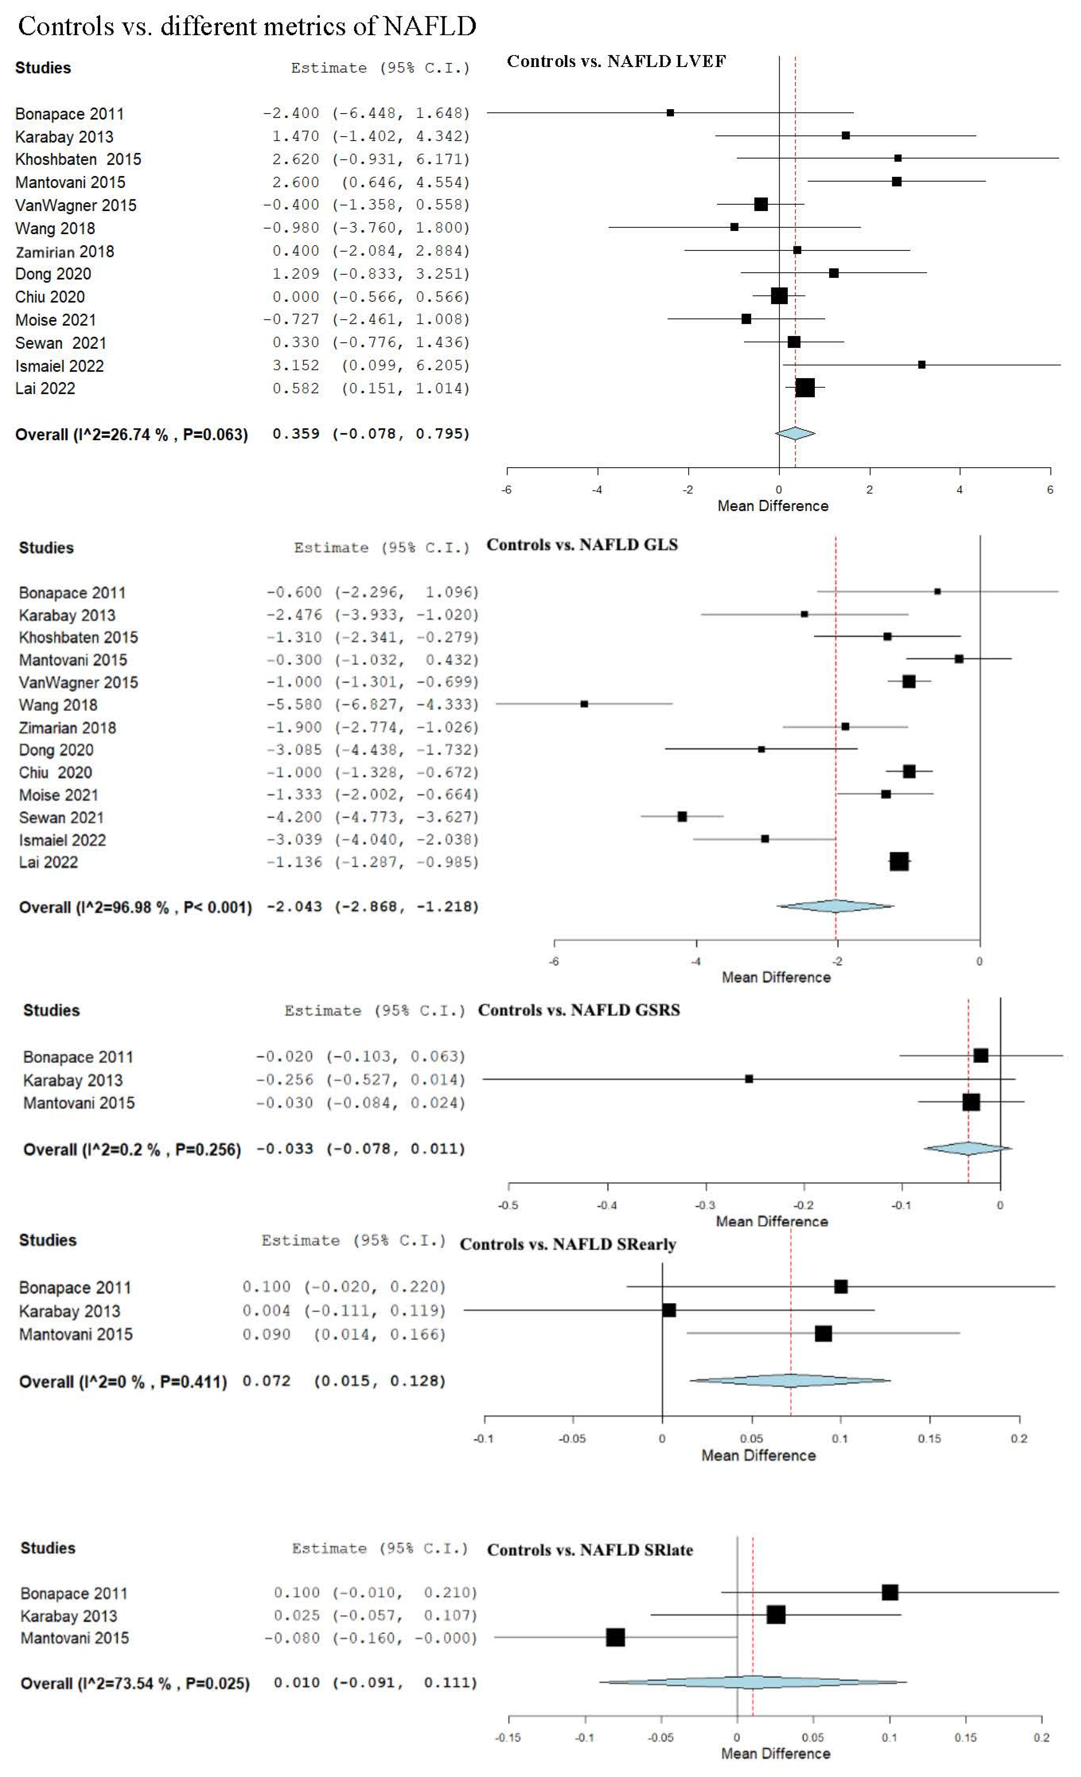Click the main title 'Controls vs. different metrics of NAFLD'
click(247, 27)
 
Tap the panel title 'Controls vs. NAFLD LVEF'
click(616, 61)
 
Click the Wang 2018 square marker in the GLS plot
click(584, 704)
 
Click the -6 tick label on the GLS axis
click(554, 961)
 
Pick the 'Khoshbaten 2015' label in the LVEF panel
click(78, 159)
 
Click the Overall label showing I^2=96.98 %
click(135, 907)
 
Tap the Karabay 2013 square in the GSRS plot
click(748, 1079)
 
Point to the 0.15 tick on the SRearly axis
click(929, 1439)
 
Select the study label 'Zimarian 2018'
click(67, 728)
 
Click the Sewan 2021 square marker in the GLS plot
click(681, 816)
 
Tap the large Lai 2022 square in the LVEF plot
click(805, 388)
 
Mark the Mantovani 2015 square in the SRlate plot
click(615, 1637)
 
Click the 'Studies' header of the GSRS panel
click(51, 1010)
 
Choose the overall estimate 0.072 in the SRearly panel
click(266, 1381)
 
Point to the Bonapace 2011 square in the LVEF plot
click(670, 112)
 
